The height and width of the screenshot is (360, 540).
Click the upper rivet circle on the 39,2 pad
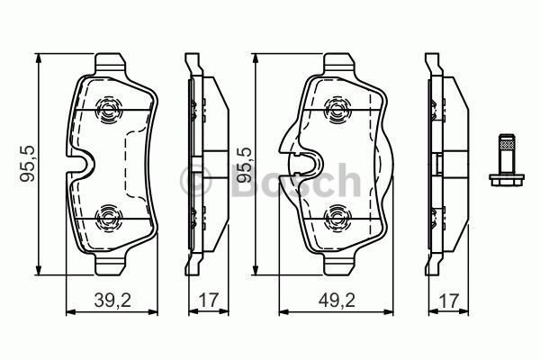(107, 112)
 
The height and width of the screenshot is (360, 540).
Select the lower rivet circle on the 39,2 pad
(107, 217)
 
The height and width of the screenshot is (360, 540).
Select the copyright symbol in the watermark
(195, 181)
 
